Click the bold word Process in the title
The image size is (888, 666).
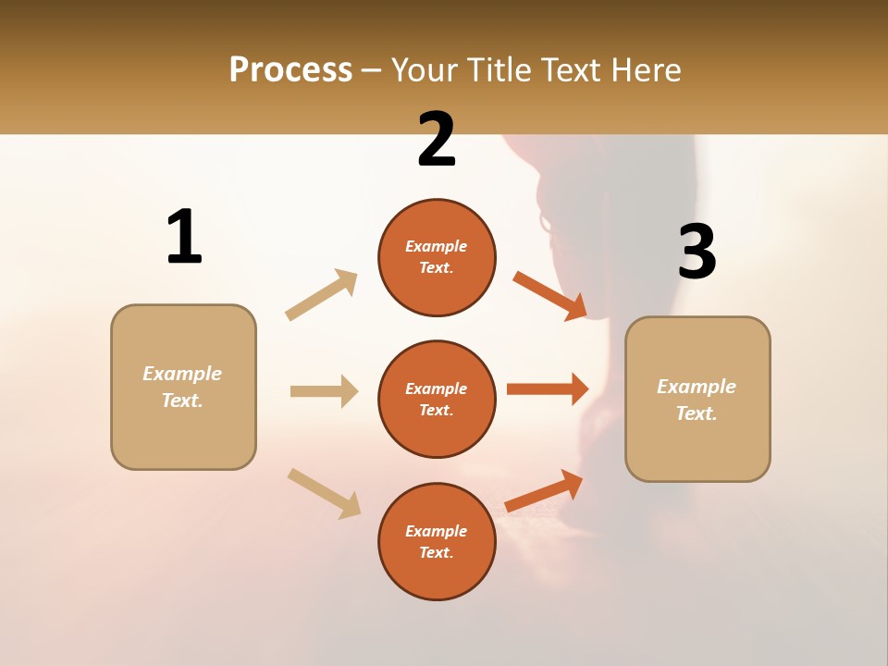pyautogui.click(x=290, y=69)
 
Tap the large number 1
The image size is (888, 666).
pyautogui.click(x=184, y=237)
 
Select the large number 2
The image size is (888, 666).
pyautogui.click(x=437, y=140)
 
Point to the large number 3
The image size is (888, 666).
pyautogui.click(x=697, y=252)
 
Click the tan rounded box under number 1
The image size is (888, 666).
pyautogui.click(x=183, y=387)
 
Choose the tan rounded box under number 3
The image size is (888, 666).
pyautogui.click(x=697, y=400)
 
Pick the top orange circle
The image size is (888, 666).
pyautogui.click(x=437, y=257)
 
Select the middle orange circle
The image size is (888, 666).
pyautogui.click(x=437, y=399)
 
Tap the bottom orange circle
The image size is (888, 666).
pyautogui.click(x=437, y=541)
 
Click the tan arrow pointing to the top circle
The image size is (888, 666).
pyautogui.click(x=322, y=295)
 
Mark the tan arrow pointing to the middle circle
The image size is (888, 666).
pyautogui.click(x=324, y=391)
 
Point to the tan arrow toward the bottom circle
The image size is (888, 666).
pyautogui.click(x=324, y=492)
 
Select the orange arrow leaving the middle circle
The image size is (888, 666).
pyautogui.click(x=547, y=388)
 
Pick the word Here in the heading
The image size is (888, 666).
pyautogui.click(x=645, y=69)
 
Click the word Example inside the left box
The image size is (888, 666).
pyautogui.click(x=182, y=374)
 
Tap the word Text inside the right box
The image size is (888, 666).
pyautogui.click(x=696, y=413)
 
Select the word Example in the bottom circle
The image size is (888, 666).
pyautogui.click(x=437, y=531)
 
